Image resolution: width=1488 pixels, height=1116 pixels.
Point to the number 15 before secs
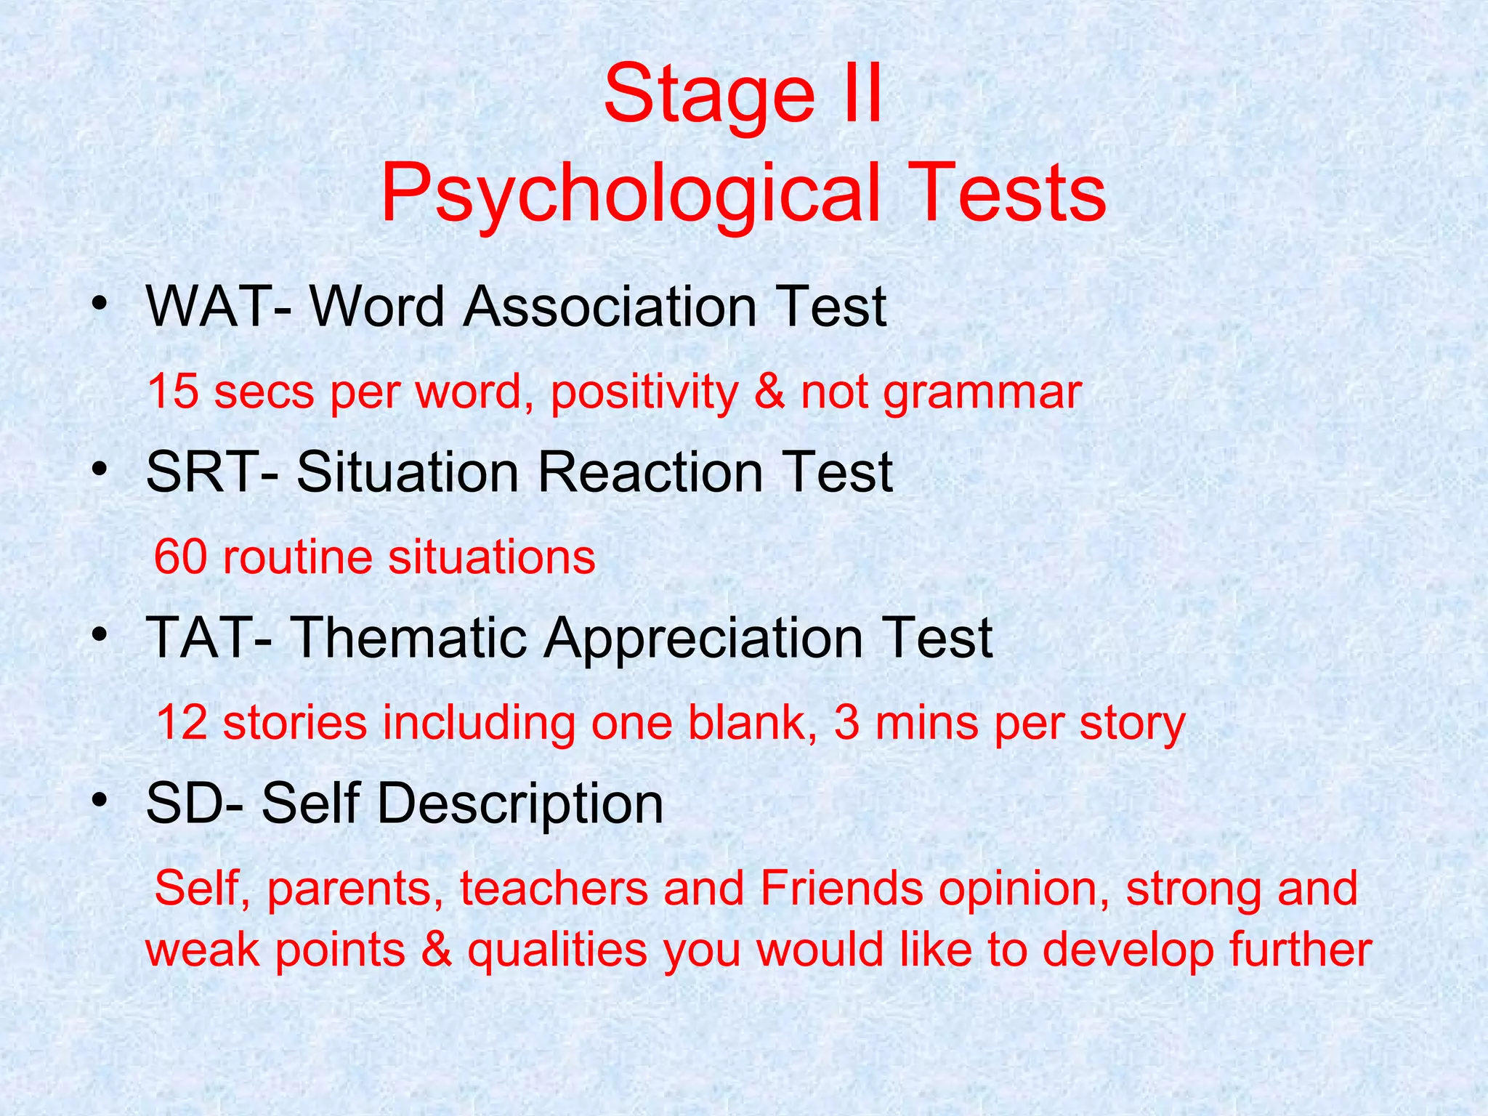pyautogui.click(x=173, y=392)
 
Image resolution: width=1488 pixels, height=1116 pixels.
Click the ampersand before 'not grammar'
pyautogui.click(x=769, y=392)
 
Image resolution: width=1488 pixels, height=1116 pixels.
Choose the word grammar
pyautogui.click(x=982, y=393)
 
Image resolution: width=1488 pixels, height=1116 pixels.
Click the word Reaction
pyautogui.click(x=650, y=472)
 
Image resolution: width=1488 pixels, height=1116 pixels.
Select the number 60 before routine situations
pyautogui.click(x=180, y=557)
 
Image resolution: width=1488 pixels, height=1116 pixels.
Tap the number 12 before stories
pyautogui.click(x=182, y=723)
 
